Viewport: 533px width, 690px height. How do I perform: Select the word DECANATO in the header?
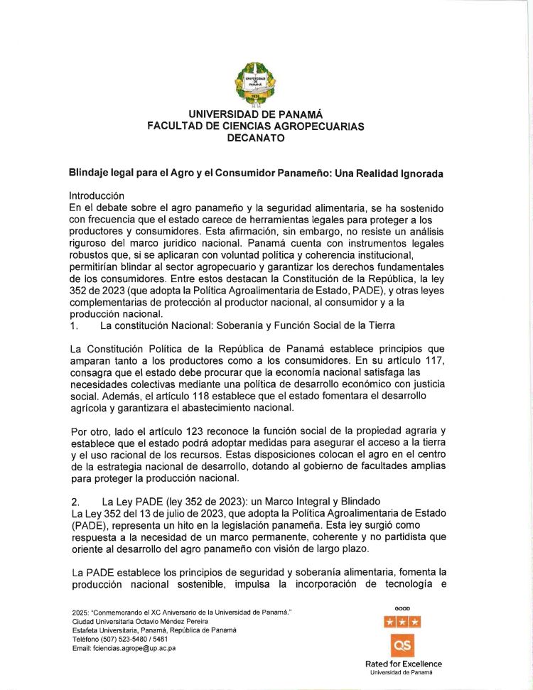[x=255, y=139]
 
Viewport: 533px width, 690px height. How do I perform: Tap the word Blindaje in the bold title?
[x=90, y=173]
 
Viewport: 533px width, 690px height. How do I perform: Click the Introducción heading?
[x=97, y=195]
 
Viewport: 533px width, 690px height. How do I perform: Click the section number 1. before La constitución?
[x=74, y=325]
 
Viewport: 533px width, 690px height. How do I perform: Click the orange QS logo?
[x=402, y=645]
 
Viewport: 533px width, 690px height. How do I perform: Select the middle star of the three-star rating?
[x=402, y=622]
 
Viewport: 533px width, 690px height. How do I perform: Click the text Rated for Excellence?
[x=402, y=664]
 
